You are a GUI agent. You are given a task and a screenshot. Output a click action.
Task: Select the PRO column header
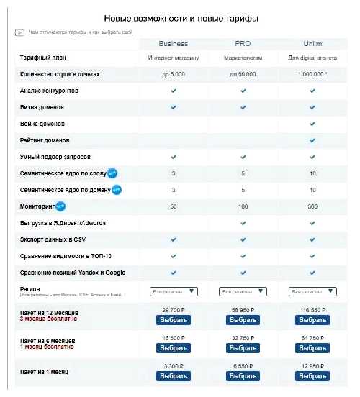point(243,43)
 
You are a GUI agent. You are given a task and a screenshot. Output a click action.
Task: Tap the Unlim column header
point(312,43)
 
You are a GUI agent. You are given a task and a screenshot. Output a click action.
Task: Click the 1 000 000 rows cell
point(312,75)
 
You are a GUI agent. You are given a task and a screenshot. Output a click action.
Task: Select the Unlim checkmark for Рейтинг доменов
point(312,140)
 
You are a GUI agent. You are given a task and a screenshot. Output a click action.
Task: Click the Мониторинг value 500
point(312,206)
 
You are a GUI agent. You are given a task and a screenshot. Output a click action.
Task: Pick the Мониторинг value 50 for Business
point(173,206)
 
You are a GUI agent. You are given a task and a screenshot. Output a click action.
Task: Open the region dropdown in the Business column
point(173,291)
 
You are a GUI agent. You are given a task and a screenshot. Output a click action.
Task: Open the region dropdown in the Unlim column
point(312,291)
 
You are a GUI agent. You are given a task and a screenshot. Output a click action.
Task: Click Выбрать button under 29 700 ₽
point(173,319)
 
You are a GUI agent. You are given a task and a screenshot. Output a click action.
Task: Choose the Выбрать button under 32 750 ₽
point(243,348)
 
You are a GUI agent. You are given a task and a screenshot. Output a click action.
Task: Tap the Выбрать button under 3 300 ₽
point(173,375)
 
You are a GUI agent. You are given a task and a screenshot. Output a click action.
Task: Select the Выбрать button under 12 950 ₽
point(312,375)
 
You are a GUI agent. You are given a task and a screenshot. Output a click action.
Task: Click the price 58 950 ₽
point(243,309)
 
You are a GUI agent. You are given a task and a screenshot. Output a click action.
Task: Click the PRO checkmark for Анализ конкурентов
point(243,91)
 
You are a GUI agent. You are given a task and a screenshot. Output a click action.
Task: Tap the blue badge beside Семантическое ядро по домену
point(117,190)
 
